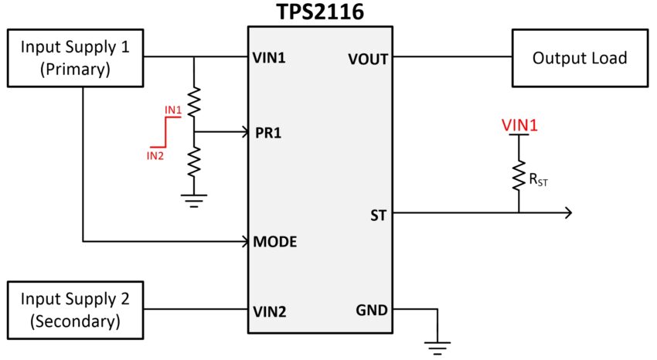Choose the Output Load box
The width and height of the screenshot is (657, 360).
click(x=580, y=58)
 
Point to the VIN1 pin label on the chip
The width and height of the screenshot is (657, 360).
click(x=270, y=58)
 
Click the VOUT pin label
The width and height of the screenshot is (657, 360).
click(x=368, y=58)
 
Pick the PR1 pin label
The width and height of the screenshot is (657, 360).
click(x=268, y=132)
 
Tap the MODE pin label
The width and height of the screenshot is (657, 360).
click(x=275, y=242)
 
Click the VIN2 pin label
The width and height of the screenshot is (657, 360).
click(x=270, y=311)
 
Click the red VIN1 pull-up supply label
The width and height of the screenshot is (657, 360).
click(x=519, y=124)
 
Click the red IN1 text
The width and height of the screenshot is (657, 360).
click(x=172, y=110)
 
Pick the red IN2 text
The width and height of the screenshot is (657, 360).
click(x=155, y=155)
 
